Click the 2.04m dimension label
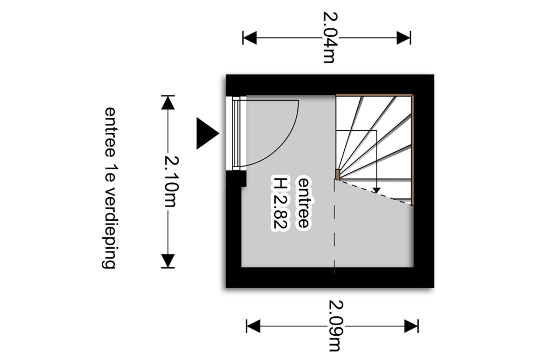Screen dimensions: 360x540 pos(330,37)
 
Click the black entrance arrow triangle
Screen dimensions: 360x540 pos(206,133)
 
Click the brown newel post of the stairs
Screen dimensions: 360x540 pos(337,174)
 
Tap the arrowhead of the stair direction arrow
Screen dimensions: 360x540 pos(376,190)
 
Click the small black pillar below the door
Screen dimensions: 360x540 pos(236,179)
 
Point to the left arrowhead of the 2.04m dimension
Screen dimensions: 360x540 pos(249,38)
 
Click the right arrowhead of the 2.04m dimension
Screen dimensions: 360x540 pos(404,38)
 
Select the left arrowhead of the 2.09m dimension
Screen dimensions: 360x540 pos(253,326)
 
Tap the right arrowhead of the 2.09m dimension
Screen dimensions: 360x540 pos(411,326)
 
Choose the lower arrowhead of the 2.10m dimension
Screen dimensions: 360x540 pos(168,260)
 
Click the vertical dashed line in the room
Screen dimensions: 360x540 pos(335,233)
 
